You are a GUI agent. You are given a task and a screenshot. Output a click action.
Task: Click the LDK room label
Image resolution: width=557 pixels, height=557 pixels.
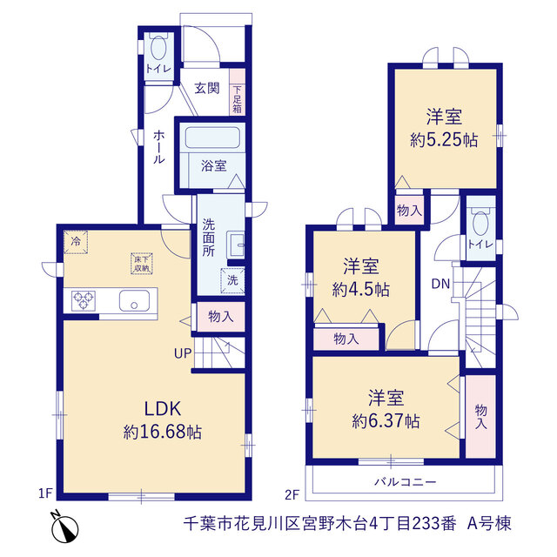(x=163, y=408)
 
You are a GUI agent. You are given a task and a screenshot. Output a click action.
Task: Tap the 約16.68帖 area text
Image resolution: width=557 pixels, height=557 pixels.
(x=163, y=432)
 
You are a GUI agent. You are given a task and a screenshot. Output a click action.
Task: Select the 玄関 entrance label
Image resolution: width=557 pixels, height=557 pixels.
(x=207, y=88)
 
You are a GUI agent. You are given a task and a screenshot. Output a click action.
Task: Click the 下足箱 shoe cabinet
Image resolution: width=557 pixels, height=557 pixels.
(x=238, y=91)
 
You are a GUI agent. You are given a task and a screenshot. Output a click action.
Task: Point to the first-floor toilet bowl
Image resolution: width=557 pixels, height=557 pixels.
(x=158, y=48)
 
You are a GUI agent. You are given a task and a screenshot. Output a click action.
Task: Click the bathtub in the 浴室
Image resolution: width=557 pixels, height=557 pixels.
(x=212, y=138)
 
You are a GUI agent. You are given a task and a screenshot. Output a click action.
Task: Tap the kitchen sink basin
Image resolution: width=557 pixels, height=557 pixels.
(x=134, y=301)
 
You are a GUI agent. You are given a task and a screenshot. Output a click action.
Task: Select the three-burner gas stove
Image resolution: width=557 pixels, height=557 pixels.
(x=84, y=301)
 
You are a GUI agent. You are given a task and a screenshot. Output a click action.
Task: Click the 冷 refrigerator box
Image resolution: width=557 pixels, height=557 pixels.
(x=76, y=242)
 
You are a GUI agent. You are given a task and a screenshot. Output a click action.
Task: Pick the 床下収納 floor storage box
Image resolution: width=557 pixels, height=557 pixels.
(x=142, y=264)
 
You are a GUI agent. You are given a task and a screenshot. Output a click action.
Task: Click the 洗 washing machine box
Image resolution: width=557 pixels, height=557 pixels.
(x=232, y=280)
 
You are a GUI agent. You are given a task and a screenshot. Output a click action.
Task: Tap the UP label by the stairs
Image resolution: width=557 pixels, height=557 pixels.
(x=183, y=353)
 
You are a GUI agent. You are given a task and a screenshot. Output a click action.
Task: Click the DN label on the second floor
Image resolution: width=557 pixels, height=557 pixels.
(x=440, y=284)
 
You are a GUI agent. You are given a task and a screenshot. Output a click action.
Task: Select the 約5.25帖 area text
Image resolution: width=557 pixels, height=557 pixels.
(x=444, y=140)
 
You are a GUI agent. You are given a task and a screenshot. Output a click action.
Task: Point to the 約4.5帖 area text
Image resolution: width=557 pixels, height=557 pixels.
(x=361, y=290)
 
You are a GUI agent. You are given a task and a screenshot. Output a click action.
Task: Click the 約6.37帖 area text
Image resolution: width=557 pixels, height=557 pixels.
(x=386, y=421)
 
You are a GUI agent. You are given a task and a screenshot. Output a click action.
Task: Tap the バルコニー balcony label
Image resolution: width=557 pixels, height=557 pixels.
(x=406, y=482)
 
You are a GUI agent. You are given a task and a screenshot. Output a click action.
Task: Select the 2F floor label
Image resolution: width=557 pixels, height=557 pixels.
(x=292, y=494)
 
